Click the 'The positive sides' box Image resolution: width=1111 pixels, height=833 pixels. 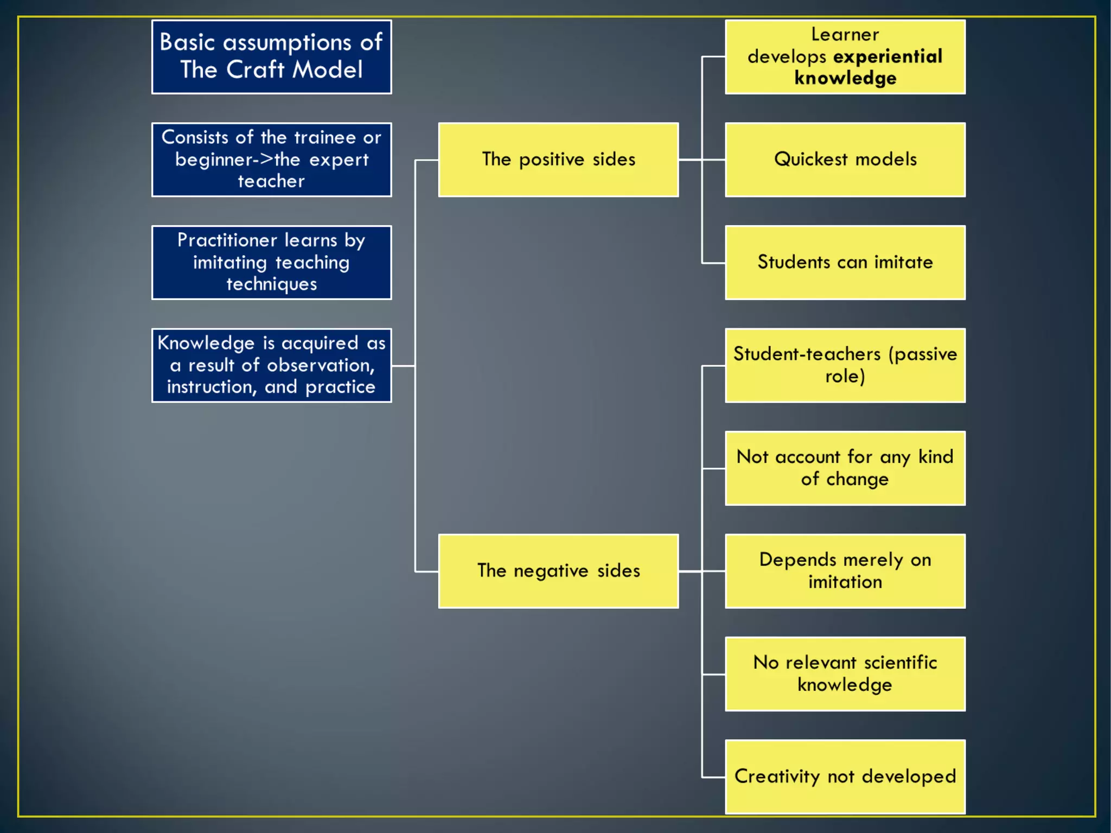[558, 160]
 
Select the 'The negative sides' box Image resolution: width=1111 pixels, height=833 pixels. [558, 571]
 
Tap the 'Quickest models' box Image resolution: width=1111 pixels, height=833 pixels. [845, 160]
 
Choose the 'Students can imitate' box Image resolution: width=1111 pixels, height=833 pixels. [845, 263]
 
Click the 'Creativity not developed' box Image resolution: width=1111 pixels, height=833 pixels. [845, 777]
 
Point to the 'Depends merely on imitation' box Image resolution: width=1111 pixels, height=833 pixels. [845, 571]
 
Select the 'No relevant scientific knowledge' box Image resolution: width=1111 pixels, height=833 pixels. [845, 674]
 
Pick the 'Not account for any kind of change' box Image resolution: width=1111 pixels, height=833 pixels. [845, 468]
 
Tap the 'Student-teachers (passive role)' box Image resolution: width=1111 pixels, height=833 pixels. [845, 365]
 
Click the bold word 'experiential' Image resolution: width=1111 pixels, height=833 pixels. [888, 56]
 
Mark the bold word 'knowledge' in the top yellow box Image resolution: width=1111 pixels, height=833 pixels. [845, 78]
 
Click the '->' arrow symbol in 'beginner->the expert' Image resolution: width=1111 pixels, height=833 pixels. [264, 160]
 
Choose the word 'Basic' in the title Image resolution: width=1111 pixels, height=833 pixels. [187, 42]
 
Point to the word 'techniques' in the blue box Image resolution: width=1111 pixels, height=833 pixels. [271, 284]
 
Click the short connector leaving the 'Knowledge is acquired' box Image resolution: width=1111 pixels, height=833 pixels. [403, 366]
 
